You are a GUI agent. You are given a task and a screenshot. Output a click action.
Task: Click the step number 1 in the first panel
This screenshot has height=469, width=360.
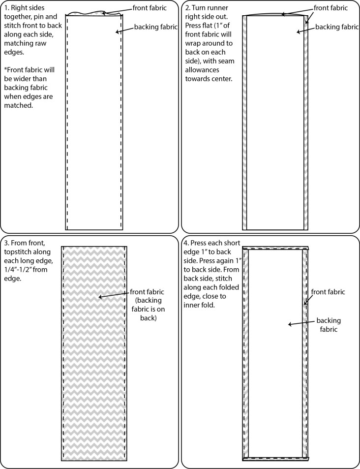coord(6,8)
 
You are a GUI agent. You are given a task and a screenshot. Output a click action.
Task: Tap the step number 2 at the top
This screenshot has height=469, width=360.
coord(187,8)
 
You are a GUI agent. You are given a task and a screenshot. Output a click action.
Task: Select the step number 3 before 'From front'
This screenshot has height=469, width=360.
coord(6,243)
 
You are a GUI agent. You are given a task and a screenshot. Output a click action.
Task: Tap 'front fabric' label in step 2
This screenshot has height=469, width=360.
coord(330,8)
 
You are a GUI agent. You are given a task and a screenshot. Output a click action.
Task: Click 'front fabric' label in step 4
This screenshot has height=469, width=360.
coord(328,292)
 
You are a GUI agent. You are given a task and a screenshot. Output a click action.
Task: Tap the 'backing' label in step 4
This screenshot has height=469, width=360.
coord(329,320)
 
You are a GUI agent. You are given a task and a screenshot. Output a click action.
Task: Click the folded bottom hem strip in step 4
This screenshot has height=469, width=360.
coord(275,459)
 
